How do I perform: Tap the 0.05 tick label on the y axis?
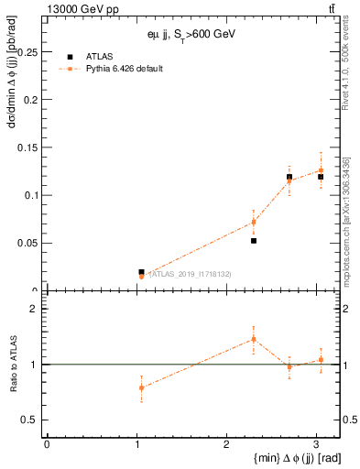pos(27,243)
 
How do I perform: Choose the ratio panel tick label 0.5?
pos(30,420)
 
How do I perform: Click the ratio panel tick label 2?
pos(34,309)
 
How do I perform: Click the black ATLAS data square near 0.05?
pos(254,241)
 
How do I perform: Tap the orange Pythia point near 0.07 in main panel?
pos(254,222)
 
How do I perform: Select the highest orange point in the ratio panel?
pos(254,339)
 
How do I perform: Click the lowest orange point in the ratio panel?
pos(141,387)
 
